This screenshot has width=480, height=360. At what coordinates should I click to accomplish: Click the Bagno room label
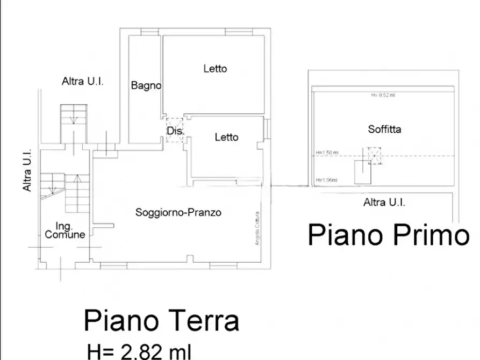146,85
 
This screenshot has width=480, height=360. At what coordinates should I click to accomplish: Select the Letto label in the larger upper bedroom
215,69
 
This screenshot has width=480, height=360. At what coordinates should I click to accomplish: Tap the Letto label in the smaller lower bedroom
226,137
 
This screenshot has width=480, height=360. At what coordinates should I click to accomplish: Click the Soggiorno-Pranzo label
178,212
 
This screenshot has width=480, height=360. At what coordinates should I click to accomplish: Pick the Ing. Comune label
65,230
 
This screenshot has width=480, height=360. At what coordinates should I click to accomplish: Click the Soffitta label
384,129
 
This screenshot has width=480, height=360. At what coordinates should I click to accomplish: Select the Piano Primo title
389,235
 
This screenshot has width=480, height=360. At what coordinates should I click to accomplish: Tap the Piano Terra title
161,321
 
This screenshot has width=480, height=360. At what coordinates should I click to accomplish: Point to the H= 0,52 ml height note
383,95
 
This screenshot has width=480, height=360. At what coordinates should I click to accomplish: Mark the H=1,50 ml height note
327,153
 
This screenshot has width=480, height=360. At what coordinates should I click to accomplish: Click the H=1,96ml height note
326,179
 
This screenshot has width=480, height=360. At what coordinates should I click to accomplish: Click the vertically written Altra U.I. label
27,170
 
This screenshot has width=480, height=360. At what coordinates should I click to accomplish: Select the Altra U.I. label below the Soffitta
384,203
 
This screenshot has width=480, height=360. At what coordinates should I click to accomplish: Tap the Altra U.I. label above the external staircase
83,82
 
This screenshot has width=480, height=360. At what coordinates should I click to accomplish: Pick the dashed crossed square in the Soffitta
374,155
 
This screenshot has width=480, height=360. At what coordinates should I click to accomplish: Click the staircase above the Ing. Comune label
73,192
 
